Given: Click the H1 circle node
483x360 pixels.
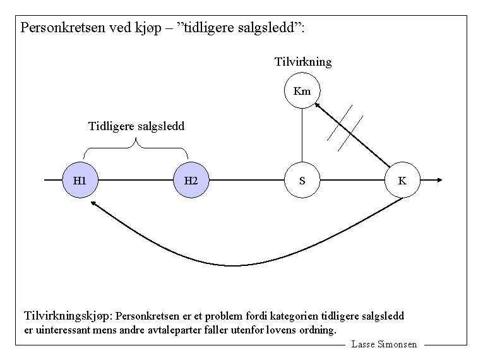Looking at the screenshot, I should (x=80, y=181).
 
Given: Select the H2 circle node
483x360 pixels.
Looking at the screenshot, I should (x=191, y=181).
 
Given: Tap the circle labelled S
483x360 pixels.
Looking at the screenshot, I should (x=302, y=181).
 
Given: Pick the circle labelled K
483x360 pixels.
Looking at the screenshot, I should (x=402, y=181).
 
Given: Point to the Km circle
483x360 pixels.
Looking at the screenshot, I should (x=302, y=91).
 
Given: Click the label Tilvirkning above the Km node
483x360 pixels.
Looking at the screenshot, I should (x=303, y=62).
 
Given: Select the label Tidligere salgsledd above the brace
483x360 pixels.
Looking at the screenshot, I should (x=136, y=126).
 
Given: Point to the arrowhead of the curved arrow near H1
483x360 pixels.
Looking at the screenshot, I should (x=94, y=204).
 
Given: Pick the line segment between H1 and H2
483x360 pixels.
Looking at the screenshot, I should (x=135, y=180).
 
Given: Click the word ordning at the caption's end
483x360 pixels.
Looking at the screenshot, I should (x=318, y=330).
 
